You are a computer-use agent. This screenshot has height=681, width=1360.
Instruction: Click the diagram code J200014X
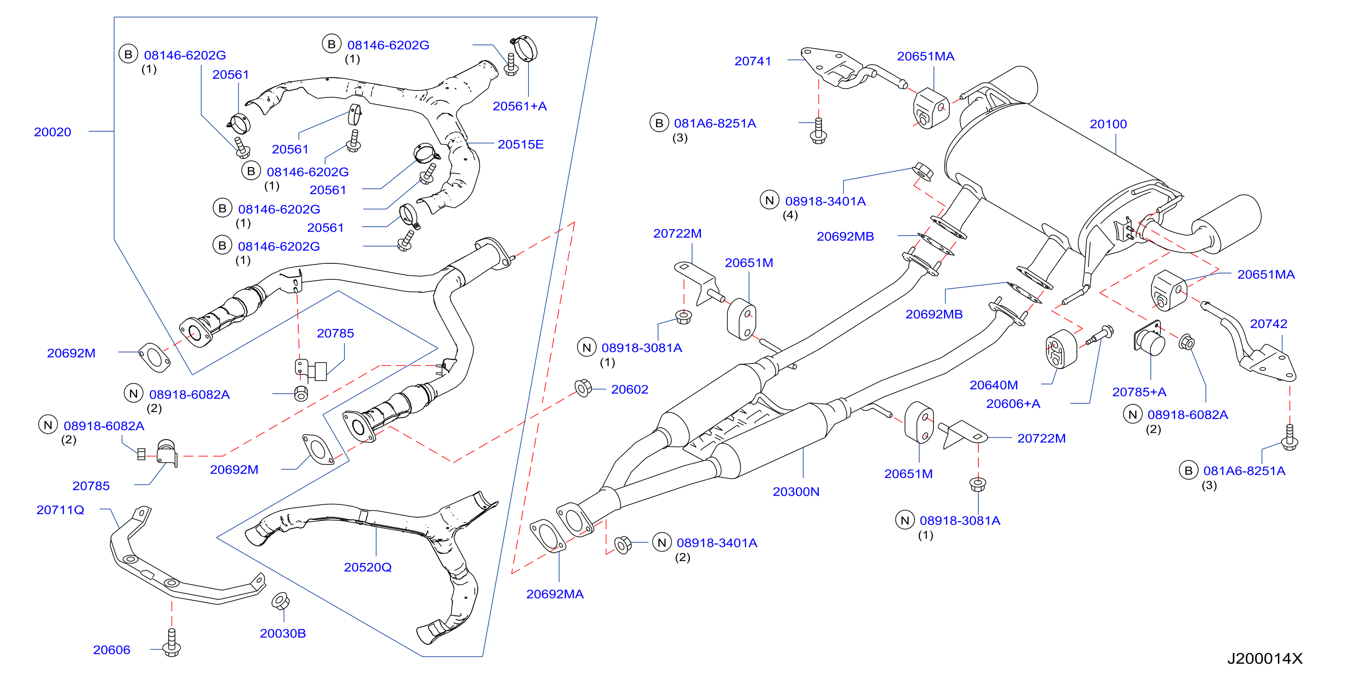(x=1265, y=658)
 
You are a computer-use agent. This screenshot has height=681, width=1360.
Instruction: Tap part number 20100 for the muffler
(x=1108, y=124)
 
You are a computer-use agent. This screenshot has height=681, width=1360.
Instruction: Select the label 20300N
(x=796, y=492)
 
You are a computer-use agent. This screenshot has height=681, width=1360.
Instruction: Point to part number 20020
(x=52, y=132)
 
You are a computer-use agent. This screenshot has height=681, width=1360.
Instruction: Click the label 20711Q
(x=60, y=510)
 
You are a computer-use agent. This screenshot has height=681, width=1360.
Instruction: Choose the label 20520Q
(x=367, y=567)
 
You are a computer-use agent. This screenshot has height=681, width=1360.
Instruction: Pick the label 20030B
(x=283, y=633)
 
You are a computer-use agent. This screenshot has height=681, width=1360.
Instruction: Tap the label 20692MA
(x=555, y=594)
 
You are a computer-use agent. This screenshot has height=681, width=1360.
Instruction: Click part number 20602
(x=629, y=389)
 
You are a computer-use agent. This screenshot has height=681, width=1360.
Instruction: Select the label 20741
(x=753, y=61)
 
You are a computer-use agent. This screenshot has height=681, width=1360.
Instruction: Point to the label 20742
(x=1268, y=324)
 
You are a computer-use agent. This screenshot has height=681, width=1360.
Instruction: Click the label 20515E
(x=521, y=144)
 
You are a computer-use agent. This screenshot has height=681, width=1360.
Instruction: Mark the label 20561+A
(x=520, y=106)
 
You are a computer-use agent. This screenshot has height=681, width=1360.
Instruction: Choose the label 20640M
(x=994, y=385)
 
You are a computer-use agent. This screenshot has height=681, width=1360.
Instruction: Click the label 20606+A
(x=1013, y=404)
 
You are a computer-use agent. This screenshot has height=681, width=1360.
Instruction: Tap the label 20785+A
(x=1139, y=392)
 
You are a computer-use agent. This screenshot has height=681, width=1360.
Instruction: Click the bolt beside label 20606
(x=172, y=642)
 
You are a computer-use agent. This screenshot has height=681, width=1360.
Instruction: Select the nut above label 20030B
(x=280, y=601)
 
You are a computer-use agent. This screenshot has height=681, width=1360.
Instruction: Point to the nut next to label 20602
(x=583, y=388)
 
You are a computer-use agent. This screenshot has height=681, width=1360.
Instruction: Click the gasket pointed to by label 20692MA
(x=548, y=536)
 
